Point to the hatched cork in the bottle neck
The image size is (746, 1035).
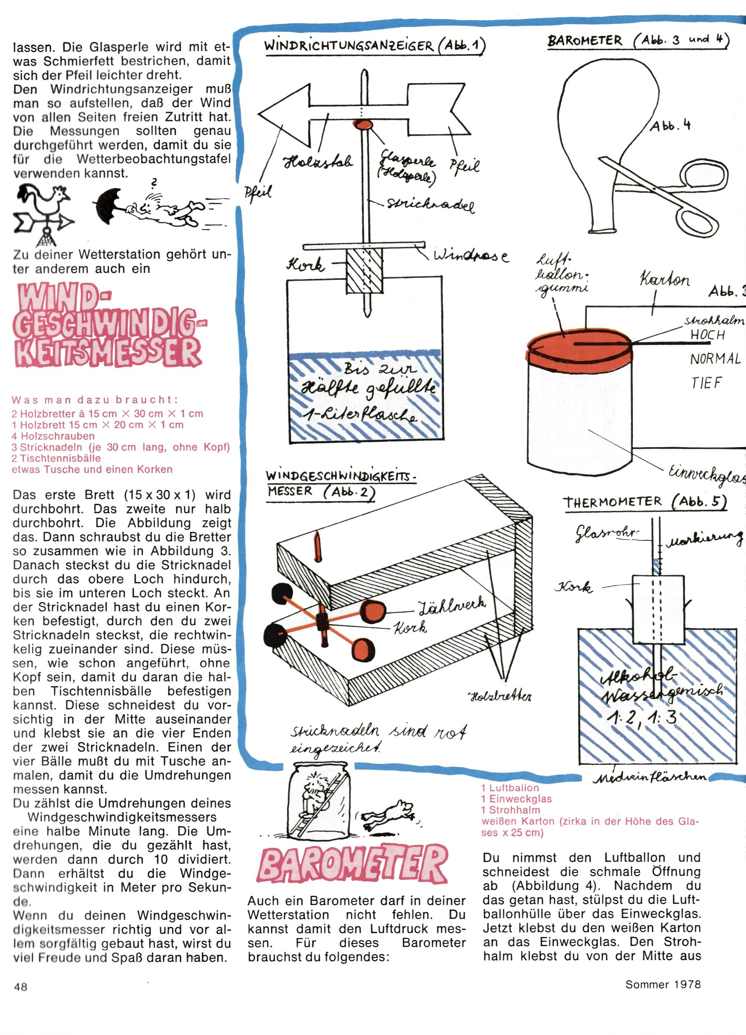[x=364, y=272]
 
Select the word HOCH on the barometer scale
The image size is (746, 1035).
[x=707, y=334]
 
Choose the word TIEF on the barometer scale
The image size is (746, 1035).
[x=706, y=383]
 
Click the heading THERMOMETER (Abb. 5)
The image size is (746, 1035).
[x=645, y=502]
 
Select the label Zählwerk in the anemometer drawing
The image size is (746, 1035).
[x=452, y=605]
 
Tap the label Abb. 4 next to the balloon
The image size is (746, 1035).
[x=670, y=125]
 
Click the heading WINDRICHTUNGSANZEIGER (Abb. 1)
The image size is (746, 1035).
[x=374, y=46]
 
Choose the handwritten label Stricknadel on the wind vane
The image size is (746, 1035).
[x=430, y=206]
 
